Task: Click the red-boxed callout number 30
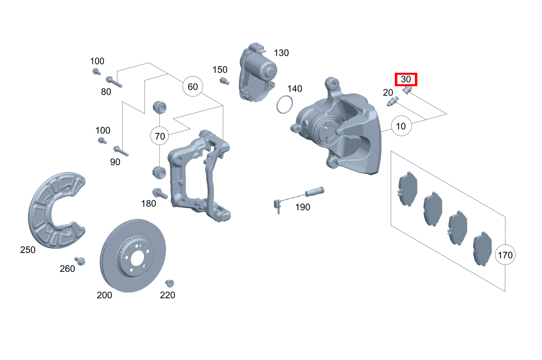point(406,79)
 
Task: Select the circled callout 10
point(401,126)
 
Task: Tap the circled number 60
point(193,86)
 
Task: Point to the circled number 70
point(160,136)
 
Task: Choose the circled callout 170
point(505,255)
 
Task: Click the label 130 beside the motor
point(281,53)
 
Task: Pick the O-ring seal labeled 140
point(284,105)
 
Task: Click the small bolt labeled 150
point(224,81)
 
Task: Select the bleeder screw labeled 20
point(392,101)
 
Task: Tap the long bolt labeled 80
point(114,82)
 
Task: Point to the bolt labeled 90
point(121,151)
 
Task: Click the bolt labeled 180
point(160,193)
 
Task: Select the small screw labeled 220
point(170,283)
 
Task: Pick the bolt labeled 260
point(80,261)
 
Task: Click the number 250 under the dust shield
point(27,250)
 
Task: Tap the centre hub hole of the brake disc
point(137,259)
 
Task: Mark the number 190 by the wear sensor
point(302,207)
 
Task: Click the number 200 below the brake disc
point(104,295)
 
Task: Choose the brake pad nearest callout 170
point(482,249)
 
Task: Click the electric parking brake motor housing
point(257,72)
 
